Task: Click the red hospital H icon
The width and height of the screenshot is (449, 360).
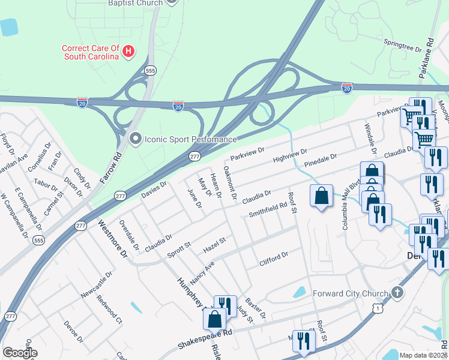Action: tap(127, 53)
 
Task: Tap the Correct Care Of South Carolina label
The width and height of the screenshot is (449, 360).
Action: tap(91, 52)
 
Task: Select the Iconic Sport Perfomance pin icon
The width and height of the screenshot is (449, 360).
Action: tap(135, 139)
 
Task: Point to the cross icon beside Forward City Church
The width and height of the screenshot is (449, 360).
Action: tap(396, 293)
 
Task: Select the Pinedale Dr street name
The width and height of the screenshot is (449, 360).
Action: tap(321, 160)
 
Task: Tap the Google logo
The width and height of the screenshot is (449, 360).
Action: tap(20, 353)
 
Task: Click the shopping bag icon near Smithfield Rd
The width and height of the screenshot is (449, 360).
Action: tap(322, 196)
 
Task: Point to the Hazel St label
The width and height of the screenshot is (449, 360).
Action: tap(214, 244)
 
